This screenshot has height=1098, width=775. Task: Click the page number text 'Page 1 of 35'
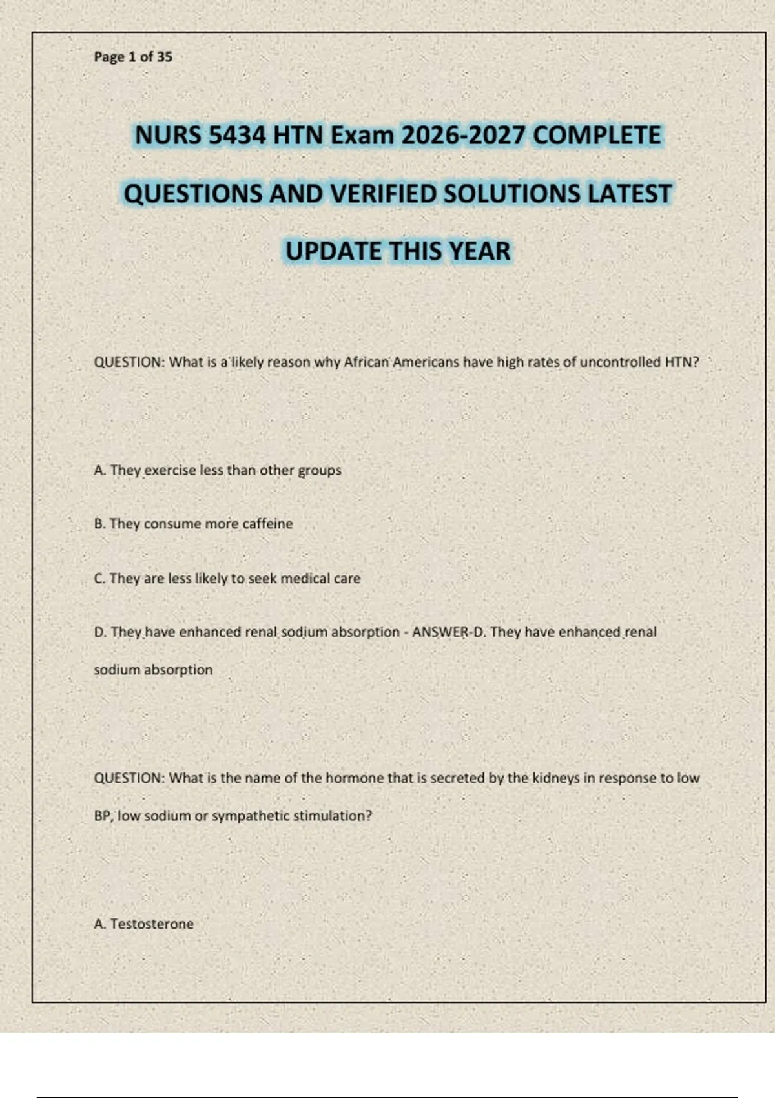[x=133, y=57]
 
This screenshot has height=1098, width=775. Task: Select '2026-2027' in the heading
[x=463, y=136]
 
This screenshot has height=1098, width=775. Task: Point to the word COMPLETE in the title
[x=597, y=136]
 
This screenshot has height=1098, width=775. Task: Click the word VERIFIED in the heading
[x=382, y=194]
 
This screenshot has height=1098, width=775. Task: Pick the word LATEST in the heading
[x=629, y=194]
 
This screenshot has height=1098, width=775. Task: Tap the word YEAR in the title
[x=479, y=251]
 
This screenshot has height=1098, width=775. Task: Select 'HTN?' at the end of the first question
[x=681, y=362]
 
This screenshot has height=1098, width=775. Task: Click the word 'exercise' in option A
[x=170, y=470]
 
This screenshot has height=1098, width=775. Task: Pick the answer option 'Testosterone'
[x=152, y=924]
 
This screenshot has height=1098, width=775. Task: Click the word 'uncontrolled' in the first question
[x=620, y=362]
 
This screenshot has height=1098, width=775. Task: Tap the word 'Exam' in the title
[x=362, y=136]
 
